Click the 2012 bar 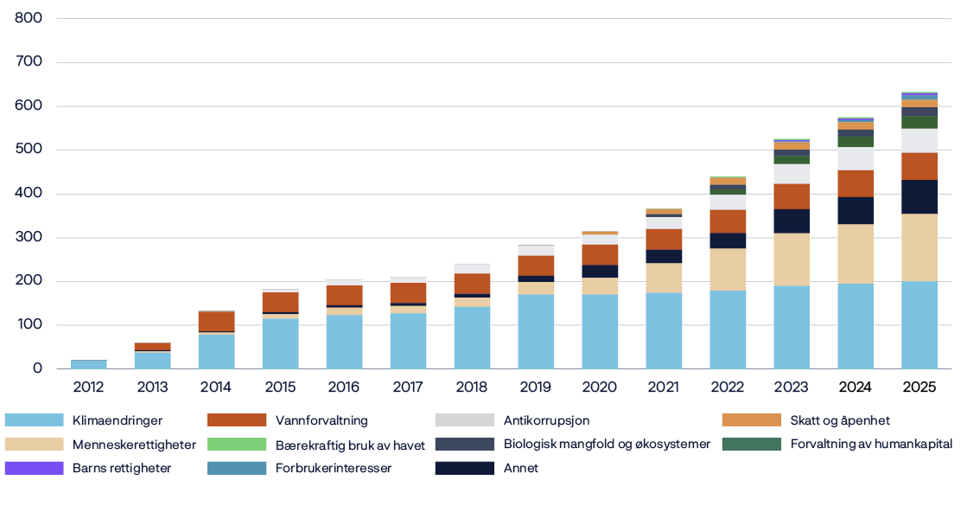(88, 364)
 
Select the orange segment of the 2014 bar (216, 321)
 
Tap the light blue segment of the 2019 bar (536, 332)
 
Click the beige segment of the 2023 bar (792, 259)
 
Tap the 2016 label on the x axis (344, 387)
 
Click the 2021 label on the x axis (664, 387)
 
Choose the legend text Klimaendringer (117, 420)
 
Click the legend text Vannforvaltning (321, 420)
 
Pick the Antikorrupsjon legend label (547, 420)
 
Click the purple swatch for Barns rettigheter (34, 468)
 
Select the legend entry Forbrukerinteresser (334, 468)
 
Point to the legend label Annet (520, 468)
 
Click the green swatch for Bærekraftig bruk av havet (237, 445)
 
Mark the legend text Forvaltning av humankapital (871, 445)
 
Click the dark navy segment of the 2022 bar (728, 240)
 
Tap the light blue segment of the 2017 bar (408, 341)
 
